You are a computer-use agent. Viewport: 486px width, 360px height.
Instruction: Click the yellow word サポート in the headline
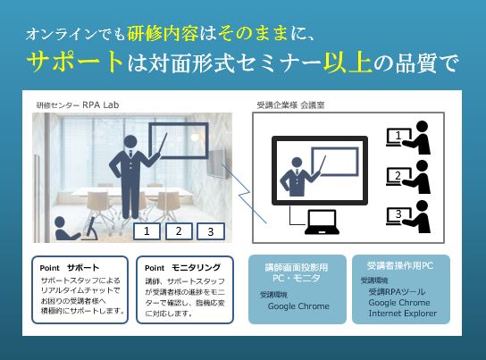75,62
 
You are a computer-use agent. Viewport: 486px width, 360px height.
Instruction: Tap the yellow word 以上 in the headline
348,63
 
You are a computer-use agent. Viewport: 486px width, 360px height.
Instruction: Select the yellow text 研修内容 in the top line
163,33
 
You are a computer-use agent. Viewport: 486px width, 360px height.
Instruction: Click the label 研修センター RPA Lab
78,105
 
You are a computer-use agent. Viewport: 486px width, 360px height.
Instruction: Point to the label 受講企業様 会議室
290,105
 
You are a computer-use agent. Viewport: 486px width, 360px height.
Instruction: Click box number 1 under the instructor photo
147,231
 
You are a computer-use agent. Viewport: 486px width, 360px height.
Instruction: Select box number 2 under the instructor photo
179,231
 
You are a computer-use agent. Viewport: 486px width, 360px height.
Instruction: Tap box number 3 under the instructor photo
211,231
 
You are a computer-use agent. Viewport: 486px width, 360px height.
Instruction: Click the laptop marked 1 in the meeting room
398,137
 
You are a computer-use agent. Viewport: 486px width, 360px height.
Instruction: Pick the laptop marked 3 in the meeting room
398,215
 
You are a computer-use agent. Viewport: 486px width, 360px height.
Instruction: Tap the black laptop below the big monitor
322,222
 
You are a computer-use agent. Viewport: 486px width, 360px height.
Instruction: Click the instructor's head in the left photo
130,142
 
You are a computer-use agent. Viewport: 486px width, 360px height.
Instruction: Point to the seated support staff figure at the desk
65,229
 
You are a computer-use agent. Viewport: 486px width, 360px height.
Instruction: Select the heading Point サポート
70,268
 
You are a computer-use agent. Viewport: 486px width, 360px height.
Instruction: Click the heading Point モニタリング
182,268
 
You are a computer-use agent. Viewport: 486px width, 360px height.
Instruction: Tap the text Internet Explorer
403,314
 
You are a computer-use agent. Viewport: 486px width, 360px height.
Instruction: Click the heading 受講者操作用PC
400,265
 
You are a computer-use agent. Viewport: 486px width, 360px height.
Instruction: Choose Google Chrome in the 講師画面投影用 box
298,306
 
